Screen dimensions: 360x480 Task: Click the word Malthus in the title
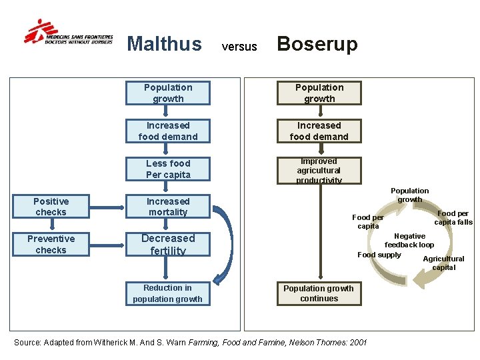tap(164, 44)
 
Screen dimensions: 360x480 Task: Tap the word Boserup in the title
tap(317, 44)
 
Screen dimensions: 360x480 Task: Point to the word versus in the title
tap(239, 47)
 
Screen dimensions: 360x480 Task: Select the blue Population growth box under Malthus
tap(168, 93)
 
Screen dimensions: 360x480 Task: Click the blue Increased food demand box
tap(168, 131)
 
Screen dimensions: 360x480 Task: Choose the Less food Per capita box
tap(168, 169)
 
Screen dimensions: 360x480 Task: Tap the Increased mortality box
tap(168, 207)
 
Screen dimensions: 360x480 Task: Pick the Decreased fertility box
tap(168, 245)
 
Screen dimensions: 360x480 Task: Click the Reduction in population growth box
tap(167, 293)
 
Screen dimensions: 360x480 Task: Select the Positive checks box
tap(51, 207)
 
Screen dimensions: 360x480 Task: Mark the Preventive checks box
tap(51, 245)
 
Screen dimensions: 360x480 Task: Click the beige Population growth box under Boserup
tap(319, 93)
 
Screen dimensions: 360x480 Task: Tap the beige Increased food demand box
tap(319, 131)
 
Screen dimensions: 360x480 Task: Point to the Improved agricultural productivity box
tap(319, 171)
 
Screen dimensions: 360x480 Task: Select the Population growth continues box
tap(319, 293)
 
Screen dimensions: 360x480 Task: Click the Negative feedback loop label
tap(409, 241)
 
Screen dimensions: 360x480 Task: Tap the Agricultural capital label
tap(444, 263)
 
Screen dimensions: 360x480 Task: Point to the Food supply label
tap(379, 255)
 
